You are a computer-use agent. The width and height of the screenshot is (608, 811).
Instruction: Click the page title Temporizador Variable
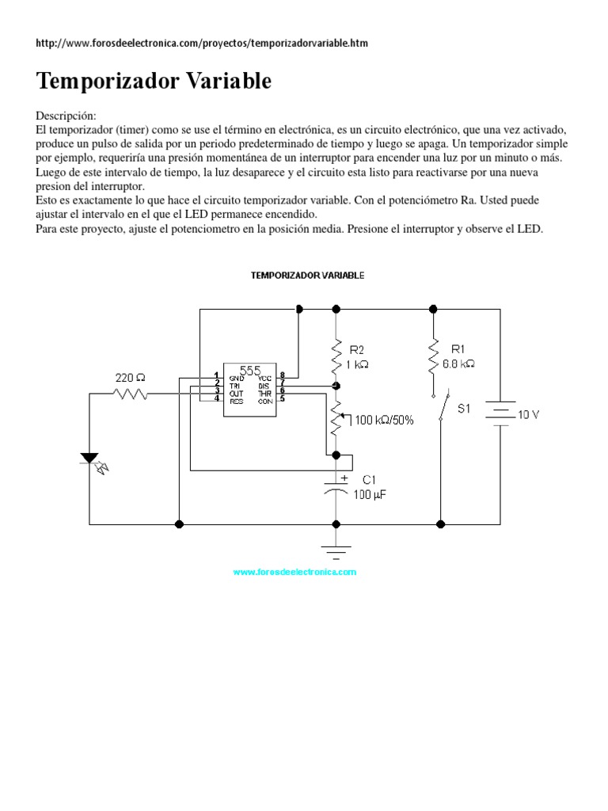pos(154,81)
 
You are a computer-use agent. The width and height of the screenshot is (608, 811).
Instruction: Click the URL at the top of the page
pos(202,43)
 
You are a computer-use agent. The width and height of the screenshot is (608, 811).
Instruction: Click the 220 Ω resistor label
pos(131,379)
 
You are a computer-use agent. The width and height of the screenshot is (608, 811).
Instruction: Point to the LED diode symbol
pos(90,459)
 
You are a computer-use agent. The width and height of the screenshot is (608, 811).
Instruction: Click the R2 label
pos(357,349)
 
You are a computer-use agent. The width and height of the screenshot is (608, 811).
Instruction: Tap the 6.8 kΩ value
pos(458,364)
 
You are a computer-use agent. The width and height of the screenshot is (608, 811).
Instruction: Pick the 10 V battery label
pos(529,415)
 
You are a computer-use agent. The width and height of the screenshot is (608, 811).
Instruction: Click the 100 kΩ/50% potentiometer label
pos(384,420)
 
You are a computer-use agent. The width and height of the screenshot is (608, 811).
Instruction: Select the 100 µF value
pos(370,495)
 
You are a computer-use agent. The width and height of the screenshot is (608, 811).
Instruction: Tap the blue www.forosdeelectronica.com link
pos(294,572)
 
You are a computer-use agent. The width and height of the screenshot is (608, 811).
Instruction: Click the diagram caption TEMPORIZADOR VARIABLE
pos(307,276)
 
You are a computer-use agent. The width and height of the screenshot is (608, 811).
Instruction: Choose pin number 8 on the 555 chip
pos(283,375)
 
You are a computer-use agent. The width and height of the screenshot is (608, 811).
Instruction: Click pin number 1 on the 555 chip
pos(215,375)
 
